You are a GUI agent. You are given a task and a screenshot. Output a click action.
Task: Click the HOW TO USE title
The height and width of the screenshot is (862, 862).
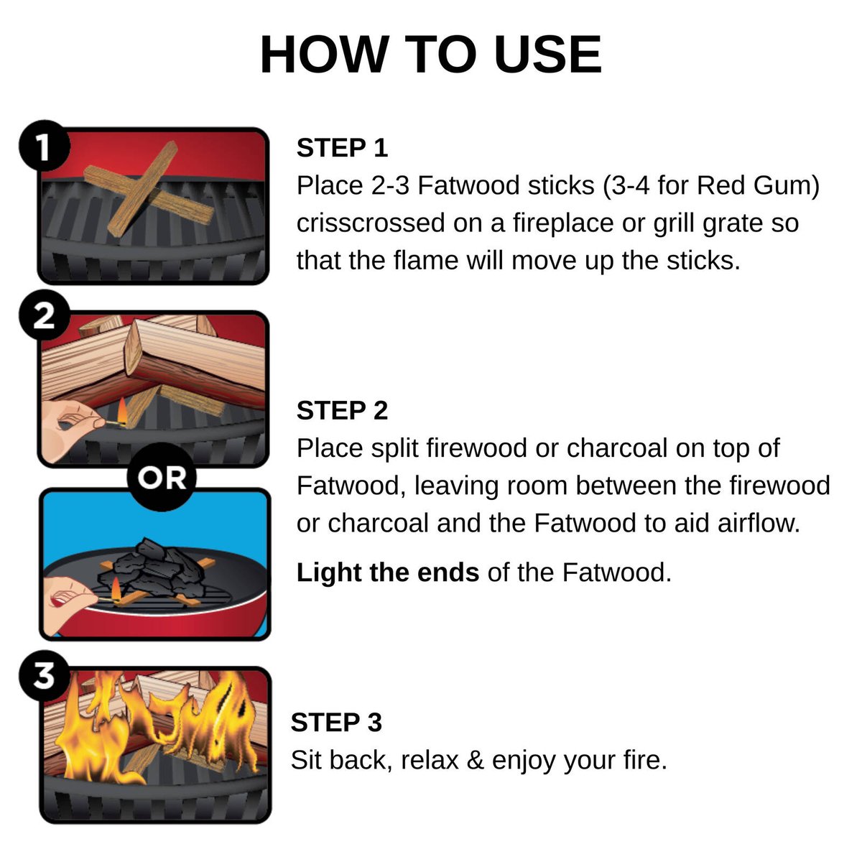click(x=430, y=55)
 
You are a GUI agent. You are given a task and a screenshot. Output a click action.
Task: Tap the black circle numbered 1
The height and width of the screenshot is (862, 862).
click(x=45, y=145)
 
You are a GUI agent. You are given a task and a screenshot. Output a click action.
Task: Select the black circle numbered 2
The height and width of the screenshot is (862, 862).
click(x=45, y=315)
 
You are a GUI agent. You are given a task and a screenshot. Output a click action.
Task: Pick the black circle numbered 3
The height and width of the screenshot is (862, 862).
click(x=45, y=675)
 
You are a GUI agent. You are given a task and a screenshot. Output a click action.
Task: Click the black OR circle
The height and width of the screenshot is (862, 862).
click(x=162, y=477)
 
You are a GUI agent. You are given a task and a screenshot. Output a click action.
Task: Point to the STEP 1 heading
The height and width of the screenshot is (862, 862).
click(x=342, y=148)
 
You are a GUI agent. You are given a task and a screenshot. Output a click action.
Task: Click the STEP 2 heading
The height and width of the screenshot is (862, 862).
click(x=342, y=410)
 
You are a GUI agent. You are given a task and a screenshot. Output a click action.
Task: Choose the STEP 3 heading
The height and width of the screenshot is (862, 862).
click(x=336, y=722)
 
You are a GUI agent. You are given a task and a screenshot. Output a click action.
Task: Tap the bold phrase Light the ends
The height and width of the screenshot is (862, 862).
click(x=387, y=572)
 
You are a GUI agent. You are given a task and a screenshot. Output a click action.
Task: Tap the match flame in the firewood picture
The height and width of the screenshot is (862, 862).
click(x=121, y=412)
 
